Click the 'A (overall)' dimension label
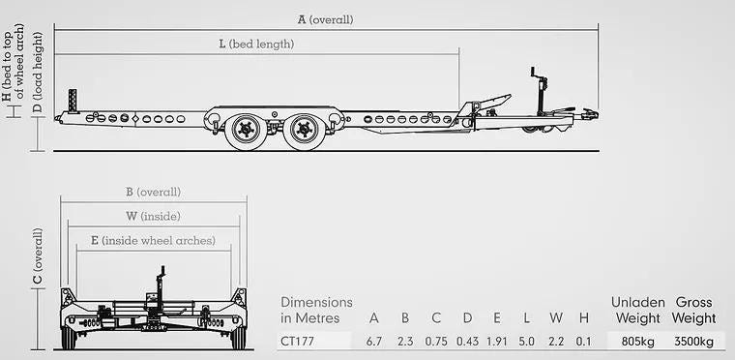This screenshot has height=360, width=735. (325, 19)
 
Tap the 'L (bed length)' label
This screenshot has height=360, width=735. (257, 45)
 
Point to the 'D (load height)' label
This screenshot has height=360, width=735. (38, 73)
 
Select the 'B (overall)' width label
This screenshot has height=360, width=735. (153, 192)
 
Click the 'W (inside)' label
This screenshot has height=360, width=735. (153, 217)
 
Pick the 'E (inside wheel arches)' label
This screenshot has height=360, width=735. (153, 240)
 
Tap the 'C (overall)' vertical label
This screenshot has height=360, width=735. (38, 255)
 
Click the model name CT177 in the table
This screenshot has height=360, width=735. (297, 342)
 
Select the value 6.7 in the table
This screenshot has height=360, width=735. (374, 342)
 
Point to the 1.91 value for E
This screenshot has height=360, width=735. (497, 342)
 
